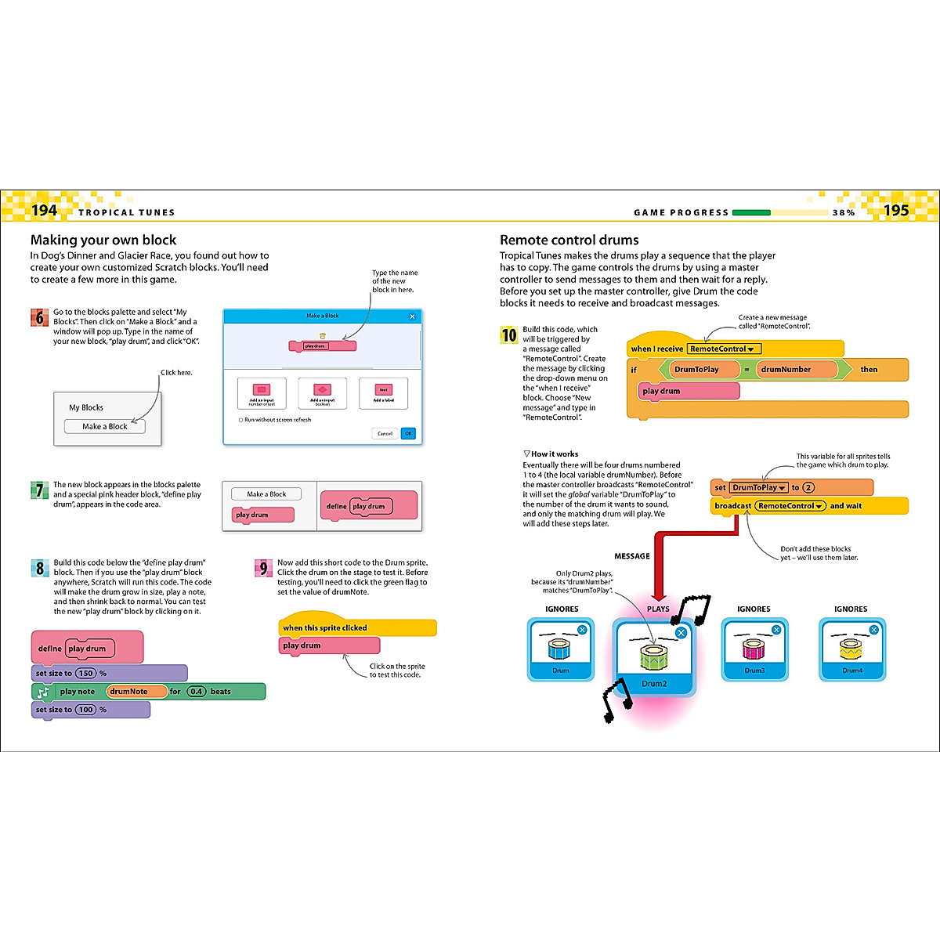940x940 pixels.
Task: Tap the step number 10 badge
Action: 509,335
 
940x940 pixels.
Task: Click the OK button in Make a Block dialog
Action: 408,433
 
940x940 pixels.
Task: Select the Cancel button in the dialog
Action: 385,433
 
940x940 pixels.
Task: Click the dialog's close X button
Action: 413,316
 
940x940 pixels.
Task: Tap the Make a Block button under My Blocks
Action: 105,426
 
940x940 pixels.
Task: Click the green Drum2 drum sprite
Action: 654,657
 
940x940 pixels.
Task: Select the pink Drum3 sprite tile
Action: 754,649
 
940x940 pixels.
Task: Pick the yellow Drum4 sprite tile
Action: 851,649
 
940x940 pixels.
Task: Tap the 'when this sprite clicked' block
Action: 356,627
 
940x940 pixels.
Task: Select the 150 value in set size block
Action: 86,673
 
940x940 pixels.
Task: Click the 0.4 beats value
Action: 197,692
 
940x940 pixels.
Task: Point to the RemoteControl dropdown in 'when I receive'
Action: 722,349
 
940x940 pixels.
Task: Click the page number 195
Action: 896,210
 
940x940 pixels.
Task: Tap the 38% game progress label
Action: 844,213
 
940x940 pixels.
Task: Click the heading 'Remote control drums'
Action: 569,240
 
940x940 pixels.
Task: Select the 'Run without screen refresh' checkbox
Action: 241,420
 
